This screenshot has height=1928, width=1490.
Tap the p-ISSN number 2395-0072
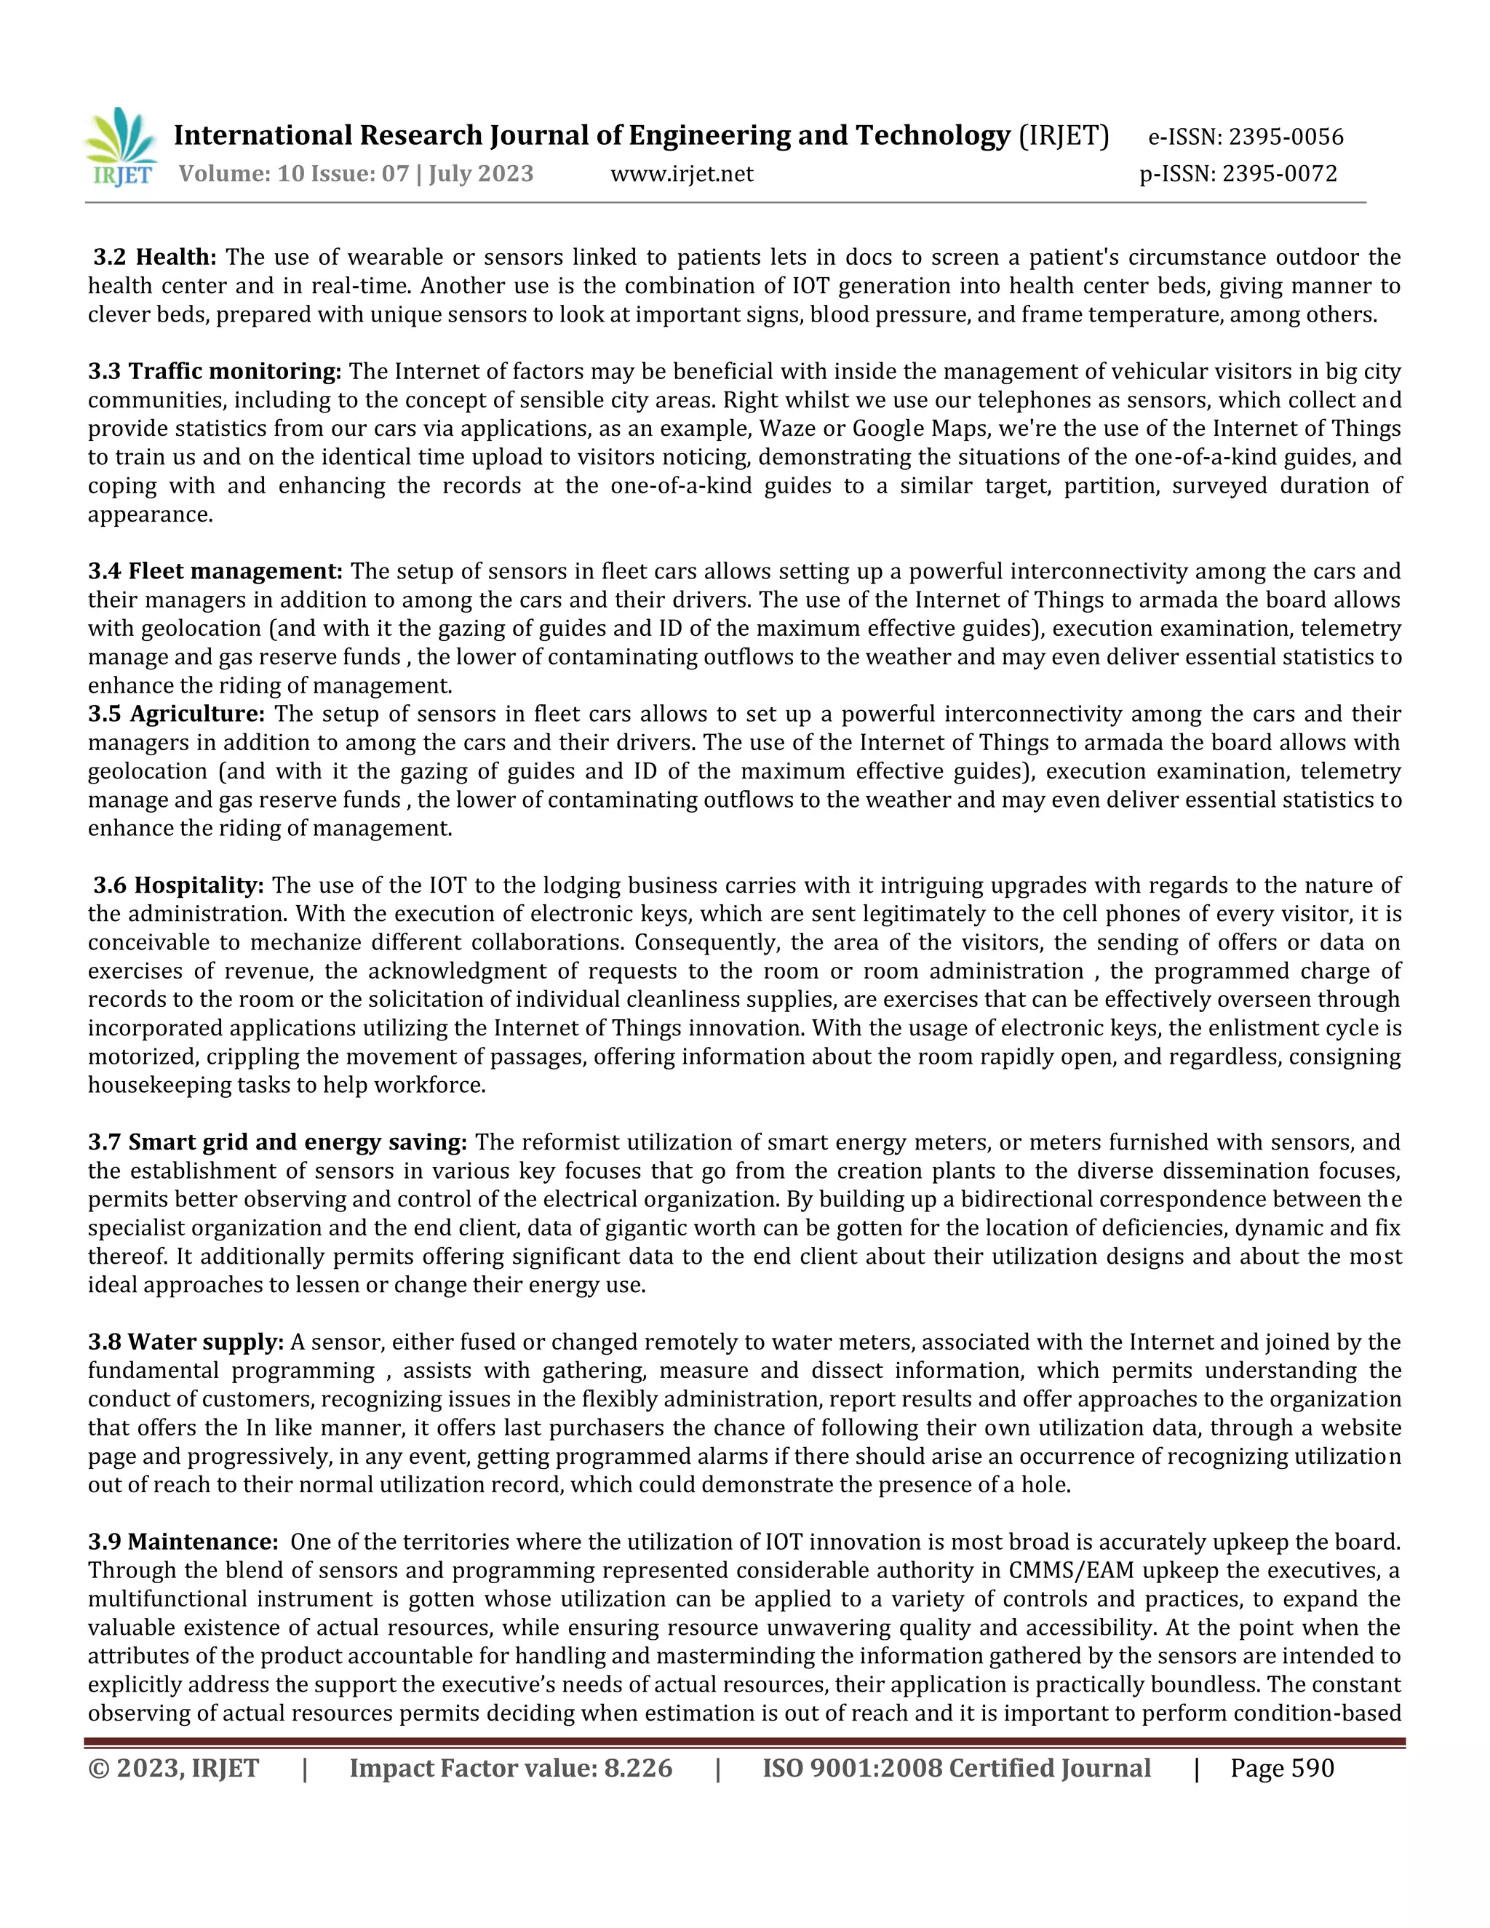pyautogui.click(x=1280, y=174)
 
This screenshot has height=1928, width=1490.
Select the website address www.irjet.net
pyautogui.click(x=682, y=174)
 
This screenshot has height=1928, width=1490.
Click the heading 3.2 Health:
pyautogui.click(x=156, y=258)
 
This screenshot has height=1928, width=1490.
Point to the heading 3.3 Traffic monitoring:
pyautogui.click(x=215, y=372)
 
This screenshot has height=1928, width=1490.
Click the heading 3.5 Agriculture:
pyautogui.click(x=177, y=713)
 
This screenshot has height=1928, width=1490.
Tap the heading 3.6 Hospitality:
pyautogui.click(x=179, y=885)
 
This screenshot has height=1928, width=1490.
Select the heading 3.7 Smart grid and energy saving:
pyautogui.click(x=277, y=1142)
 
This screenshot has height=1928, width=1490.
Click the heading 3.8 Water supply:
pyautogui.click(x=186, y=1342)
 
